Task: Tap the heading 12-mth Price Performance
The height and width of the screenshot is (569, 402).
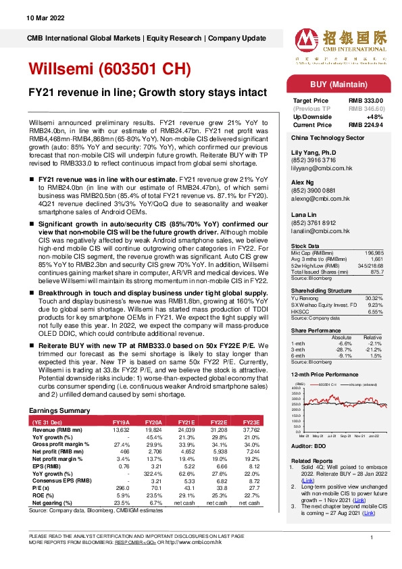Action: (324, 374)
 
